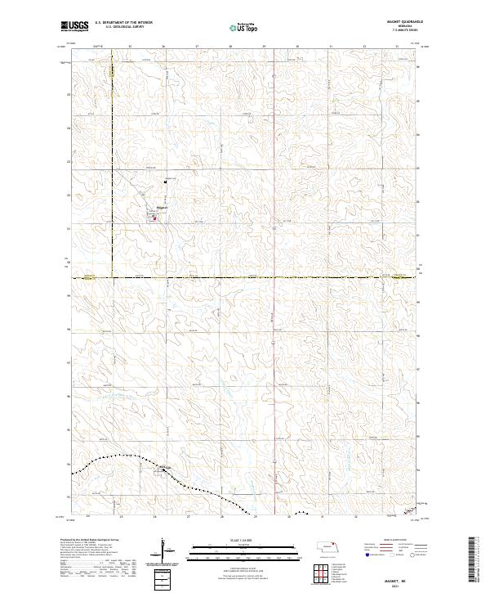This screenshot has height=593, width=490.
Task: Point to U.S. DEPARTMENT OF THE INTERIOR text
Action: point(124,23)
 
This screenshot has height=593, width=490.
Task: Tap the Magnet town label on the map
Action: point(162,208)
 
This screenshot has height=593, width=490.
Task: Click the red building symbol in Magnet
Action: point(154,218)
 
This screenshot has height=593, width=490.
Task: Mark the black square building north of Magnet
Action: point(166,181)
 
